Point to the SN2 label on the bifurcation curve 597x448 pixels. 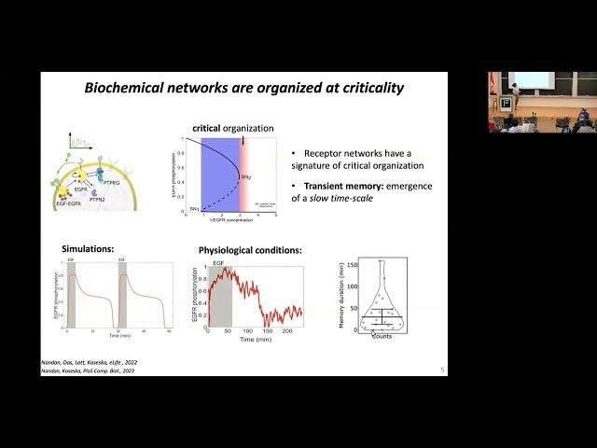coord(245,176)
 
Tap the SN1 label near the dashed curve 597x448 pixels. coord(194,208)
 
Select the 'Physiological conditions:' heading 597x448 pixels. coord(249,249)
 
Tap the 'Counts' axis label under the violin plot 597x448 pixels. coord(381,336)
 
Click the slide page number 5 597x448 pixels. coord(442,370)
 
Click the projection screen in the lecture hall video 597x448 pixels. coord(532,80)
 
